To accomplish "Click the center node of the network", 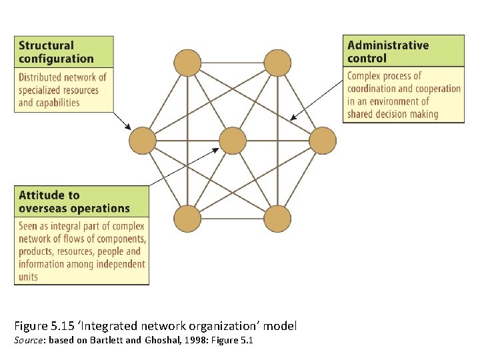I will [233, 141].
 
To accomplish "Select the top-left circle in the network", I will [187, 63].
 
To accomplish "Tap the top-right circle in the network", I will [277, 63].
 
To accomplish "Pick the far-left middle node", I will [142, 141].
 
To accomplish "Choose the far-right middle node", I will [323, 141].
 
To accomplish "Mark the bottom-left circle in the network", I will [187, 219].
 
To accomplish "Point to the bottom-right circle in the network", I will [277, 219].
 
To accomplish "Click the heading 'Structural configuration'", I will [56, 52].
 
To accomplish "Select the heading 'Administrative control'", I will [388, 51].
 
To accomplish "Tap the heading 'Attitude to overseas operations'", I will [74, 201].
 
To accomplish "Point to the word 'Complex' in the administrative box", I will [365, 76].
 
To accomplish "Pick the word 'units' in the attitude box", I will [28, 277].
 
